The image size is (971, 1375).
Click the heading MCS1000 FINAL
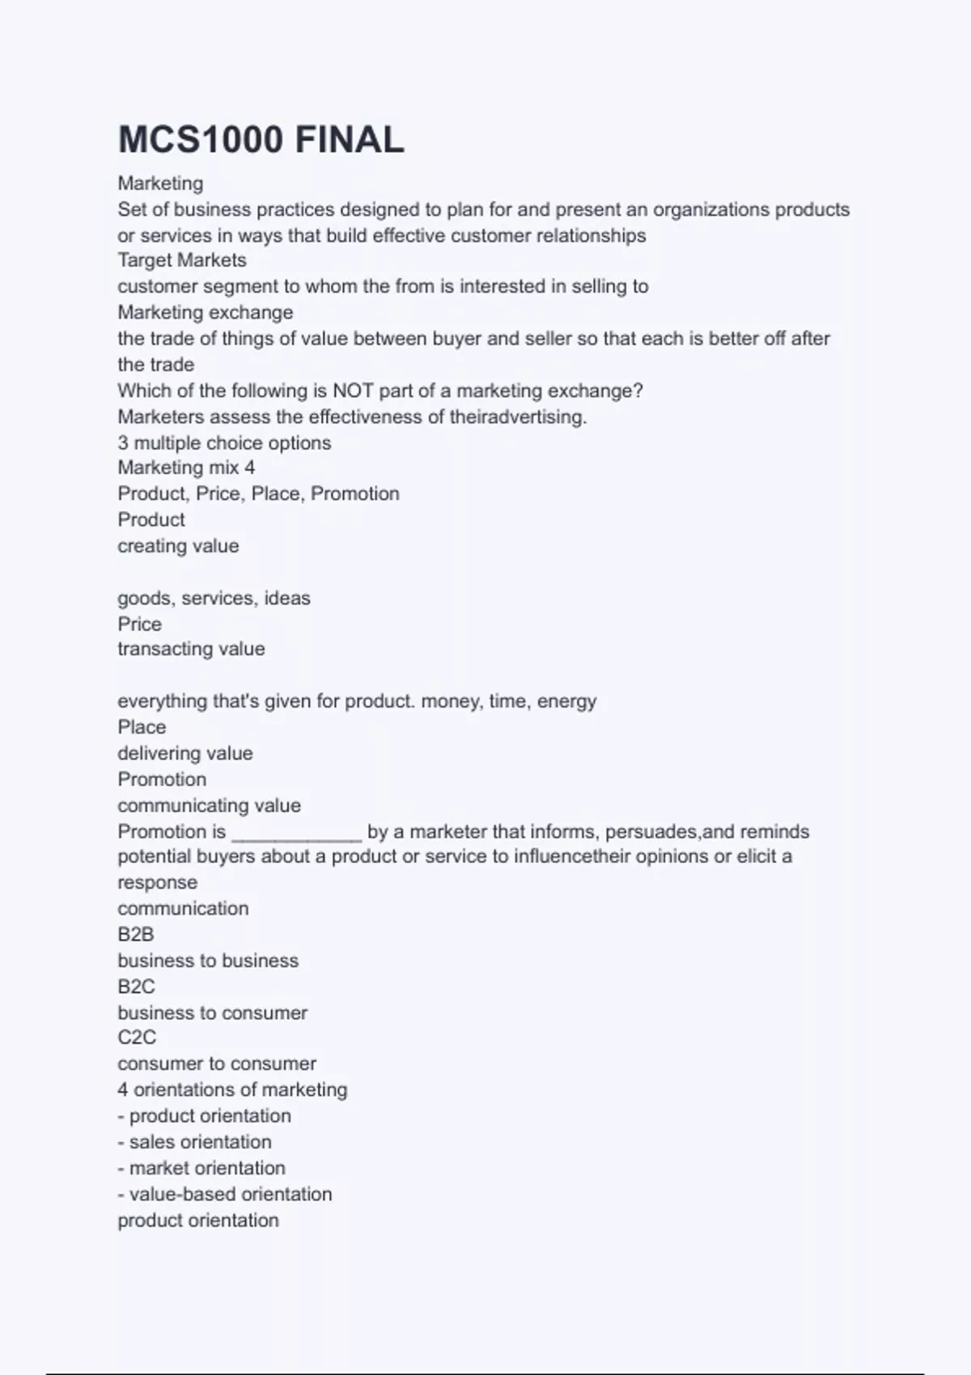click(x=261, y=140)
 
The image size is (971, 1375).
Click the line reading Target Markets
click(x=182, y=260)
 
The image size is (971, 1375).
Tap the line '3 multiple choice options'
click(x=224, y=443)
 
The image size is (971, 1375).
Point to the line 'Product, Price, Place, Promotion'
click(x=258, y=494)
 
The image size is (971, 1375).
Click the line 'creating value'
click(x=178, y=546)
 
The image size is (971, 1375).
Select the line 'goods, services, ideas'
click(x=214, y=599)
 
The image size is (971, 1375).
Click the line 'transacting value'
click(x=191, y=649)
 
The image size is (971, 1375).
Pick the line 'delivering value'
click(x=185, y=754)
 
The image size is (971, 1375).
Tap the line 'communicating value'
click(x=209, y=806)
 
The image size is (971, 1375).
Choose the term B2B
click(x=136, y=935)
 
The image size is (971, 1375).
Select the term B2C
click(x=136, y=987)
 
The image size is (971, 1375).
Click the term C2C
click(x=137, y=1038)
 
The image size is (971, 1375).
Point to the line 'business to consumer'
click(x=212, y=1013)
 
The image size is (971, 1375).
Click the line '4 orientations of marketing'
click(x=232, y=1090)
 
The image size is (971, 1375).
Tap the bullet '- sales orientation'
click(x=194, y=1142)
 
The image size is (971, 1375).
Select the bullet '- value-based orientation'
click(x=224, y=1195)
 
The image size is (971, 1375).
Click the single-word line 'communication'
click(x=183, y=909)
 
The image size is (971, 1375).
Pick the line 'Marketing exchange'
click(x=206, y=313)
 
